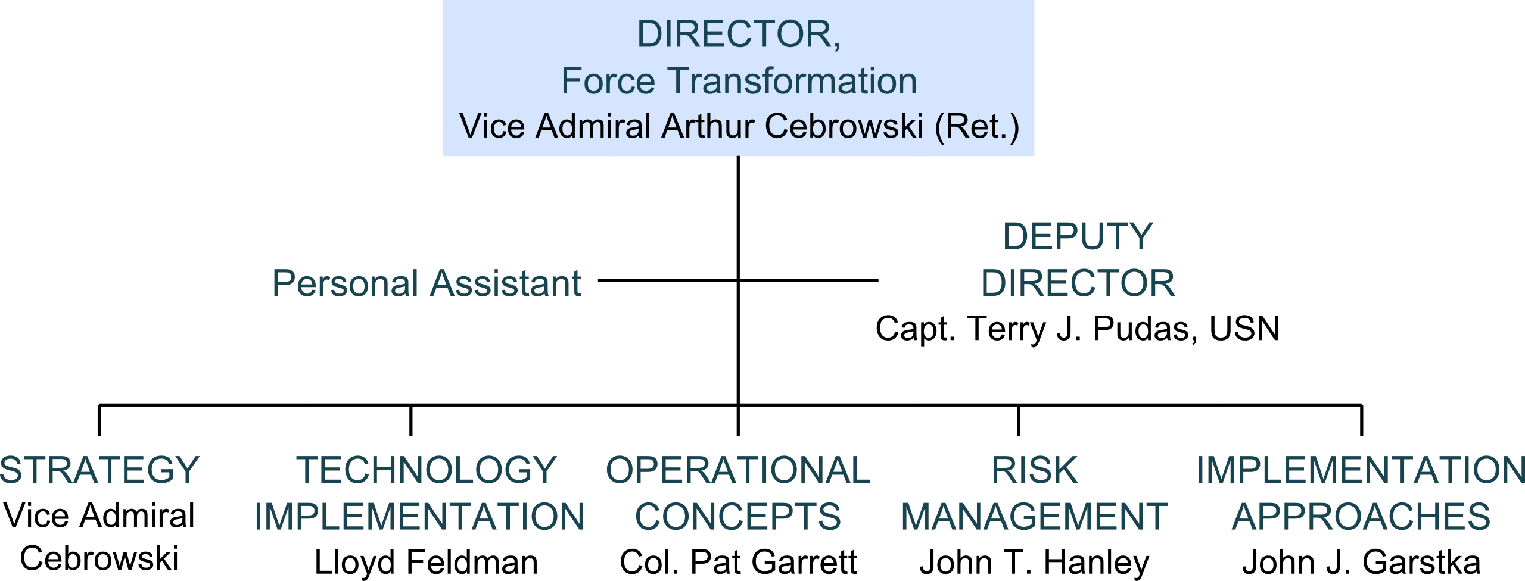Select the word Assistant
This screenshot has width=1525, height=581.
505,283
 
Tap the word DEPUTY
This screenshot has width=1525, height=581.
1078,237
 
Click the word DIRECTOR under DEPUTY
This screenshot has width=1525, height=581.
1078,283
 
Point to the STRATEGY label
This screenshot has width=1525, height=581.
99,470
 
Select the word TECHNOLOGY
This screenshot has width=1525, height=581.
426,470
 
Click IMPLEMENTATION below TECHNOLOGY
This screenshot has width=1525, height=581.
419,516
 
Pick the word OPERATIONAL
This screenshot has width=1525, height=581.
738,470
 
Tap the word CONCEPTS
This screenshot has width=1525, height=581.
738,516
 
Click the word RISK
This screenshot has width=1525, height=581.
1034,470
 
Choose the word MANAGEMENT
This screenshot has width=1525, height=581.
1034,516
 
